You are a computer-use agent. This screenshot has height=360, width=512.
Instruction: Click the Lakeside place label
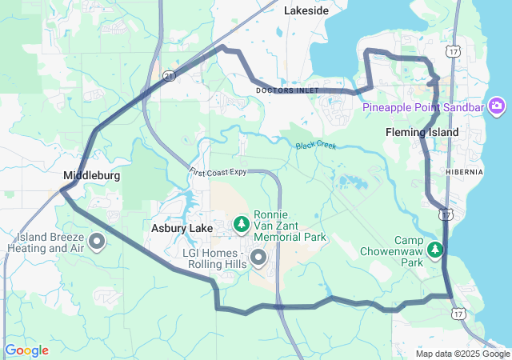tap(306, 10)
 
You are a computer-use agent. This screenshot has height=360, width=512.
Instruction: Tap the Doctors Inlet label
tap(287, 90)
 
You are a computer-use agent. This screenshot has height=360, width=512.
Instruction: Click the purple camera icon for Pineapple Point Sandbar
tap(497, 106)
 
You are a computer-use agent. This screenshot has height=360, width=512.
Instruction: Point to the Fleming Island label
tap(422, 132)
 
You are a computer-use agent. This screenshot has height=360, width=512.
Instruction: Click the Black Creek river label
tap(316, 146)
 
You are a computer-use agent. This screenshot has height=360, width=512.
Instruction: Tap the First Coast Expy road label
tap(218, 171)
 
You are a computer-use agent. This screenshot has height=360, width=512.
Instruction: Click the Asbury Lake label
tap(182, 229)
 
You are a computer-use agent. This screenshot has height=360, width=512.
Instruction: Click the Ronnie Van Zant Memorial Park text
tap(290, 226)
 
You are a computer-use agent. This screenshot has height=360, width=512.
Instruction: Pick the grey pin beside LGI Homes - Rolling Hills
tap(258, 258)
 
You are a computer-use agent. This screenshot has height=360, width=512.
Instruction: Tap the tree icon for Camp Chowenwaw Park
tap(436, 250)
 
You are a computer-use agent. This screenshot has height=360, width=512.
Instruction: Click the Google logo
tap(27, 350)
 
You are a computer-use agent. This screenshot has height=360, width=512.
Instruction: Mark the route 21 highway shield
tap(168, 74)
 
